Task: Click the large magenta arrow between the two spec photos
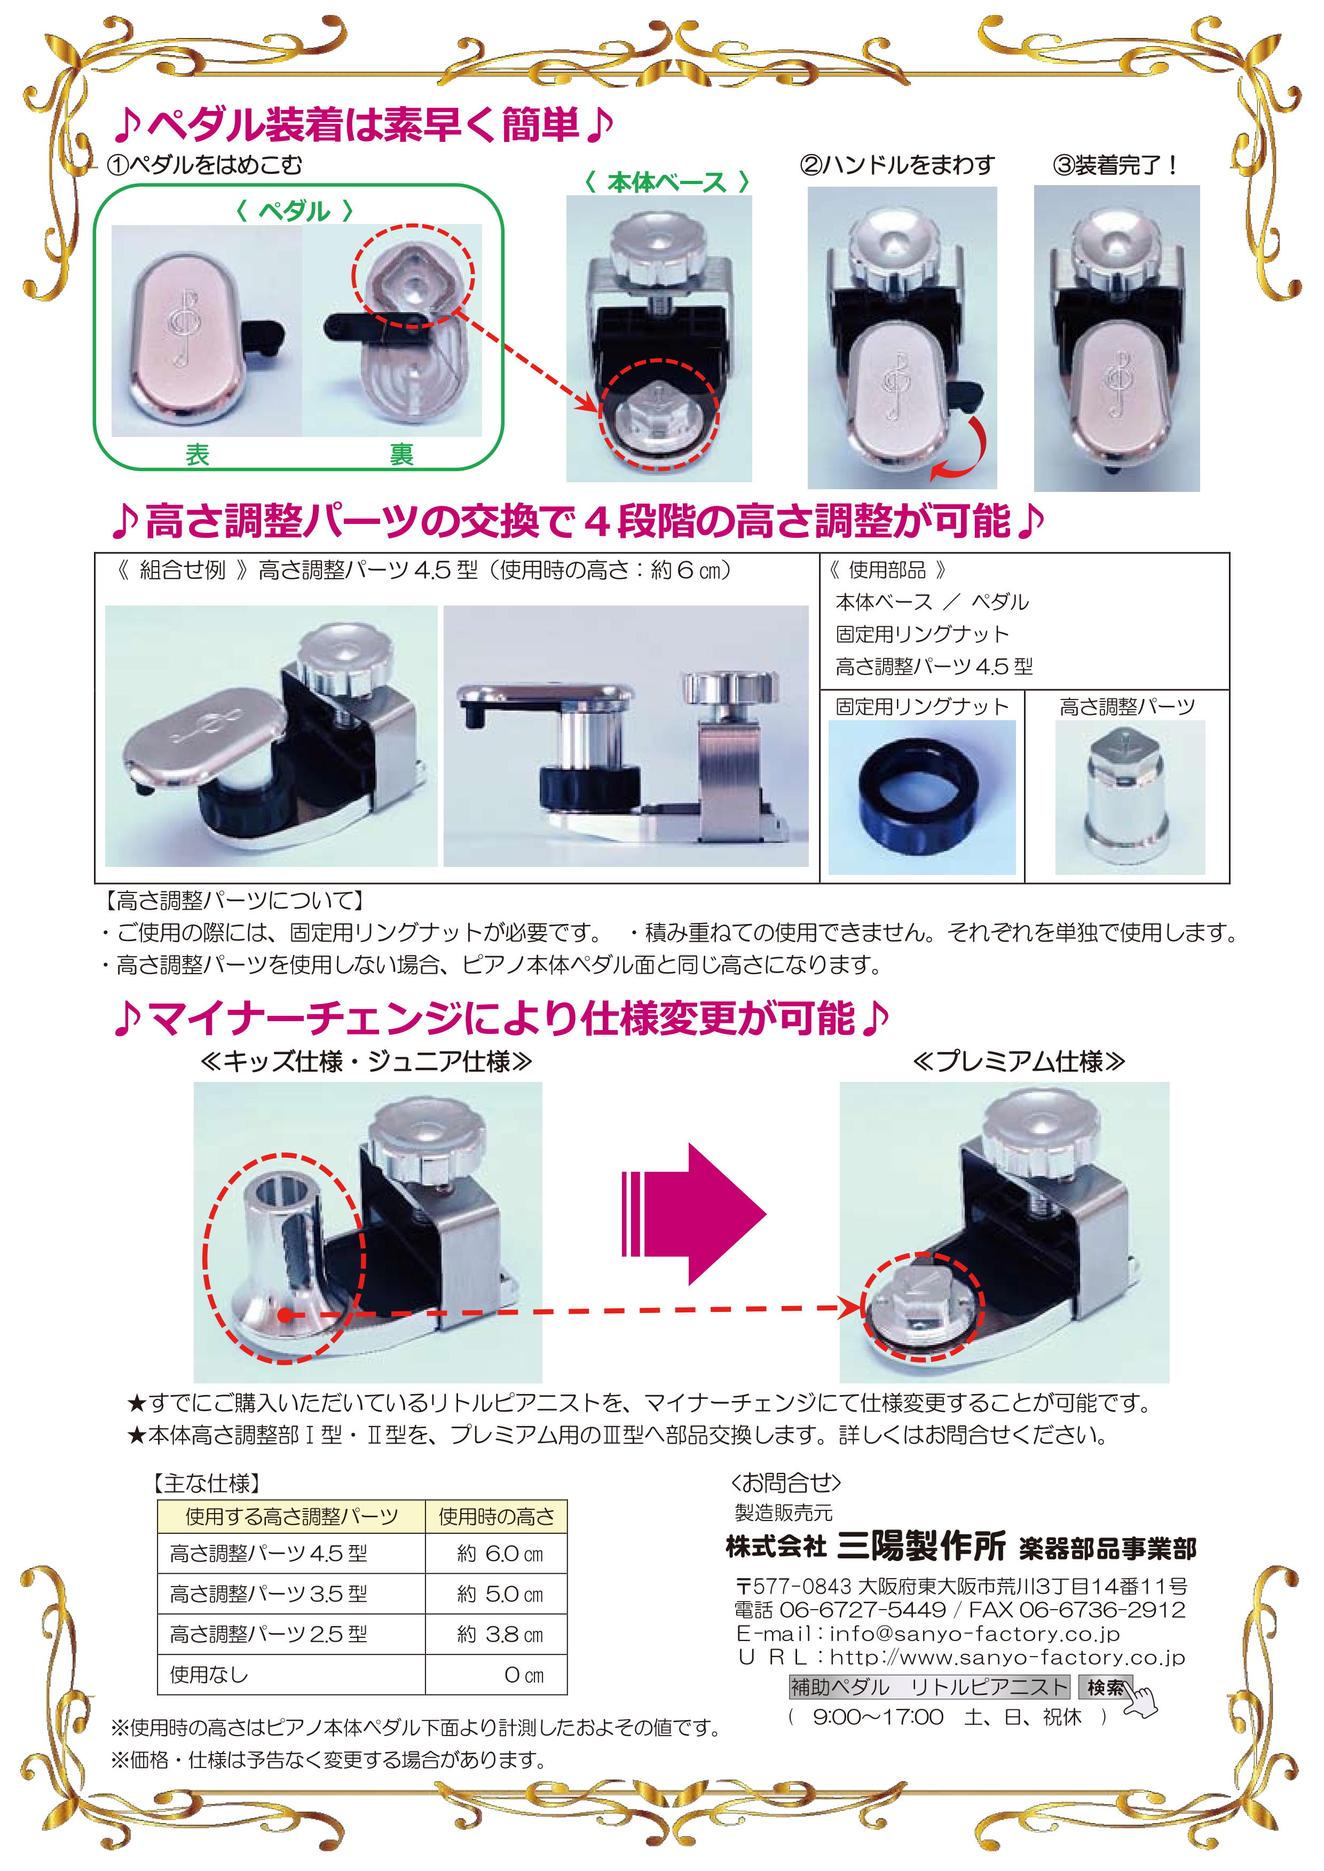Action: click(693, 1214)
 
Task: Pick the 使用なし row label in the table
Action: click(209, 1675)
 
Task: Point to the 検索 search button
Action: click(1106, 1687)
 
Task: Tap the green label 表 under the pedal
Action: click(198, 455)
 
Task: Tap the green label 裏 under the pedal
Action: click(401, 455)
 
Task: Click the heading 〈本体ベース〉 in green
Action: click(666, 182)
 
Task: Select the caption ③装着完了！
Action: click(1115, 165)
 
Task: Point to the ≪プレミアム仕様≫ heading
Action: click(1019, 1061)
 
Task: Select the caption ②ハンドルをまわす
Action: click(897, 165)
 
